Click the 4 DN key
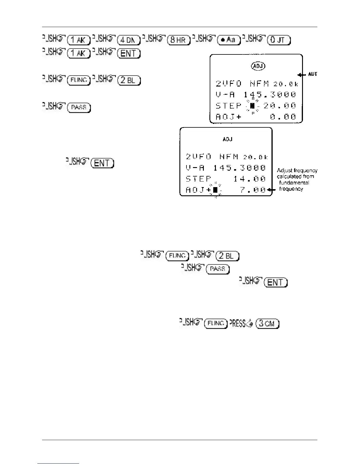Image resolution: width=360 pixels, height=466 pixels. click(129, 40)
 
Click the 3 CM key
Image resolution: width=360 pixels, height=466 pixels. click(268, 324)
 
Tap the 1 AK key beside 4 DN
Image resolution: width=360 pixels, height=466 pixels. click(79, 40)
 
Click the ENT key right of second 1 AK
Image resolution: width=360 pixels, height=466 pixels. click(129, 53)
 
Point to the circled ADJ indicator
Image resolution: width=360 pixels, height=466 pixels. click(258, 66)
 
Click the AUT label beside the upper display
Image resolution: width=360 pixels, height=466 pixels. click(312, 74)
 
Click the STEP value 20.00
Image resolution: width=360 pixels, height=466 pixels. click(279, 106)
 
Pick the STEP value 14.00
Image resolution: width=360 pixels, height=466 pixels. click(249, 179)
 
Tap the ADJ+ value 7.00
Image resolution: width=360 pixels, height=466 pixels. click(253, 190)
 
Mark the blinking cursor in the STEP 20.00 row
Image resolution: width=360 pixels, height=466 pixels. click(252, 106)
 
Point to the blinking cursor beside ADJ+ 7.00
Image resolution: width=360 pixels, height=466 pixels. click(215, 190)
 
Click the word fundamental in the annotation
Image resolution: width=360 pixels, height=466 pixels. click(294, 183)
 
